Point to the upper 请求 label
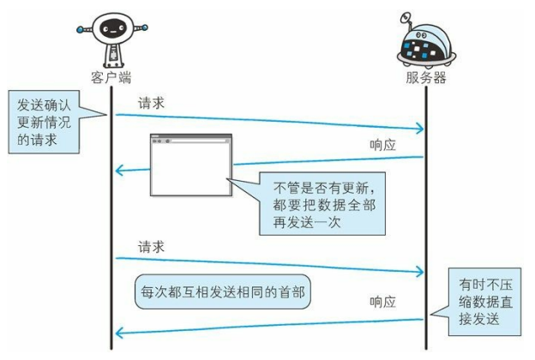[152, 103]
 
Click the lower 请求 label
[152, 247]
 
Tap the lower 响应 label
[382, 302]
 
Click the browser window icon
[190, 165]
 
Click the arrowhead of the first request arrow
[419, 129]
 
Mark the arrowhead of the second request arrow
[419, 273]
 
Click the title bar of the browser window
[190, 138]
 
